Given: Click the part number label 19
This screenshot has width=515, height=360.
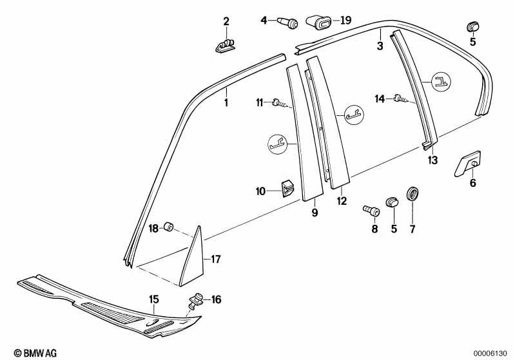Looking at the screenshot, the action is (345, 21).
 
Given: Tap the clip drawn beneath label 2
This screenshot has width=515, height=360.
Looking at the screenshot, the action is (226, 46).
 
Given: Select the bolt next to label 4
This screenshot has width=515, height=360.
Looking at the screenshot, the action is (288, 23).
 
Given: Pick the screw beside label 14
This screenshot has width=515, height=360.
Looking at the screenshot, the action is (400, 98).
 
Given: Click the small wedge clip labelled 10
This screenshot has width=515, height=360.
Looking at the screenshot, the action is (287, 188).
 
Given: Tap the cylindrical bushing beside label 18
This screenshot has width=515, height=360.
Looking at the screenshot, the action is (168, 227).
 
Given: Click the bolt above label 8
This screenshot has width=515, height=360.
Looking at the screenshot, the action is (371, 210).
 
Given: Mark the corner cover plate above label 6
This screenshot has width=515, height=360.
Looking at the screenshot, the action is (468, 164).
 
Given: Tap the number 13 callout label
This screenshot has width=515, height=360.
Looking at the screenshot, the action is (433, 160).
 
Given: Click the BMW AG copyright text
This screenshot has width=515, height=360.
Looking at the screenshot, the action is (35, 353).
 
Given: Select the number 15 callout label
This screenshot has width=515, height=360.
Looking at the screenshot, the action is (154, 299).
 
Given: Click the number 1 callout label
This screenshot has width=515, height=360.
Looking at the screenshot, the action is (226, 102).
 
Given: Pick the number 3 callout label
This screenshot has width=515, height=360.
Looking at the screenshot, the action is (380, 46).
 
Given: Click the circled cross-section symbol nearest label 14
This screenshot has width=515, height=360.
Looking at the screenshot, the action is (442, 81).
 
